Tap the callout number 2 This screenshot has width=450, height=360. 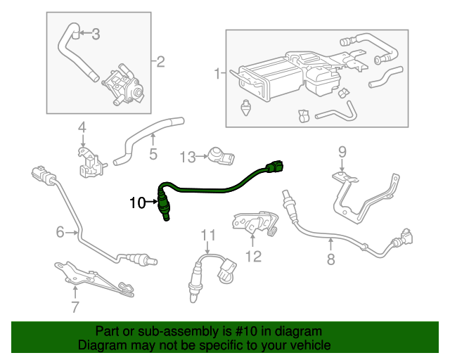pyautogui.click(x=160, y=62)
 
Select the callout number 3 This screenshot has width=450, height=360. pyautogui.click(x=96, y=33)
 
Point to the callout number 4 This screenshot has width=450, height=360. pyautogui.click(x=82, y=127)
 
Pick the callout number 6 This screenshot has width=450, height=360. pyautogui.click(x=60, y=231)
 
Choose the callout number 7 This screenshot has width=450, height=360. pyautogui.click(x=75, y=306)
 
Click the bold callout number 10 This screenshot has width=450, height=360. pyautogui.click(x=137, y=203)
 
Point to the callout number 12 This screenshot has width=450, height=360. pyautogui.click(x=253, y=256)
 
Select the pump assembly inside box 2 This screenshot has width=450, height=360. pyautogui.click(x=123, y=86)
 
